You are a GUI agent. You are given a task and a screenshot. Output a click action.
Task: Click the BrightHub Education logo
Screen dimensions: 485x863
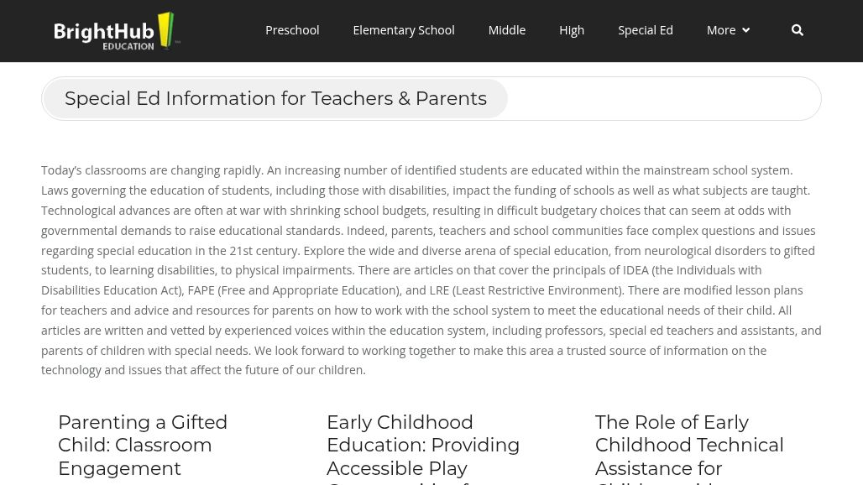[117, 31]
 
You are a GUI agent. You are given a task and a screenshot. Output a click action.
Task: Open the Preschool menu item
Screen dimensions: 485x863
[292, 30]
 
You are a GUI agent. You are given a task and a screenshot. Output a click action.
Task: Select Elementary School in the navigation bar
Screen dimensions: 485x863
[403, 30]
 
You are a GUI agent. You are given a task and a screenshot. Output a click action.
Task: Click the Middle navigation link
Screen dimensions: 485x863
[506, 30]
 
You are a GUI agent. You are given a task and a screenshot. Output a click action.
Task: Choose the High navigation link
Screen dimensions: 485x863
[572, 30]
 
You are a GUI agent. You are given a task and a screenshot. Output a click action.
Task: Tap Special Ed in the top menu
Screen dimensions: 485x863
[645, 30]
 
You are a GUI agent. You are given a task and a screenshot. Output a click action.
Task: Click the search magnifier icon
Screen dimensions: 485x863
[798, 30]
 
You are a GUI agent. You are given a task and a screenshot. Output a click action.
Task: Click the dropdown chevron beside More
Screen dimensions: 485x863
[745, 31]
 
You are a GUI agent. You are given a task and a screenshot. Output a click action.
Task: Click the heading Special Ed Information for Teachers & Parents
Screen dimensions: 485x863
[275, 98]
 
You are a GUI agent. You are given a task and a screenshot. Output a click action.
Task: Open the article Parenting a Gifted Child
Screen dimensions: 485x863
[143, 445]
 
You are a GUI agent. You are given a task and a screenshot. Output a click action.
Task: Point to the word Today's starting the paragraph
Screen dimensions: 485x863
[61, 170]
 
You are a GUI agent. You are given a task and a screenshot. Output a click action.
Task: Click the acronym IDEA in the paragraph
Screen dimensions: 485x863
[635, 270]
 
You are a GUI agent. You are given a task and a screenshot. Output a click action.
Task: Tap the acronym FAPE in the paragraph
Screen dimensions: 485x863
[201, 290]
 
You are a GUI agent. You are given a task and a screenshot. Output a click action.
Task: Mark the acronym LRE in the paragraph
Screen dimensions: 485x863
[440, 290]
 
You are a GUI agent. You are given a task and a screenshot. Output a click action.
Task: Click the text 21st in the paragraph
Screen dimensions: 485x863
[241, 250]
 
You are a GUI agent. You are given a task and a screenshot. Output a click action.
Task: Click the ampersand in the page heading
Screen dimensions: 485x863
[404, 98]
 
